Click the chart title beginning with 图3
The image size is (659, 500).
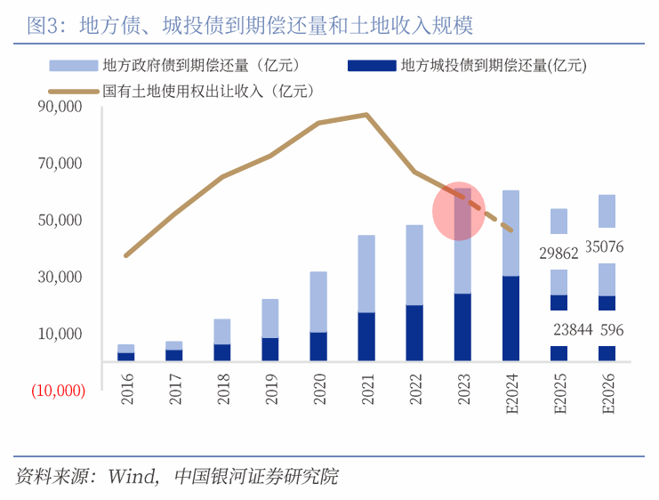(250, 26)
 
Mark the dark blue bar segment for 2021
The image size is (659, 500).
(366, 336)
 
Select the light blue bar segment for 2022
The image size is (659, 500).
(414, 265)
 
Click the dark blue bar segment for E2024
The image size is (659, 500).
(510, 318)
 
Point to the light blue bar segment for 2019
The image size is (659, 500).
(270, 319)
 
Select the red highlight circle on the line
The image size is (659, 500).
(459, 212)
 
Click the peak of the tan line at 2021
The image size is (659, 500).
(366, 115)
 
